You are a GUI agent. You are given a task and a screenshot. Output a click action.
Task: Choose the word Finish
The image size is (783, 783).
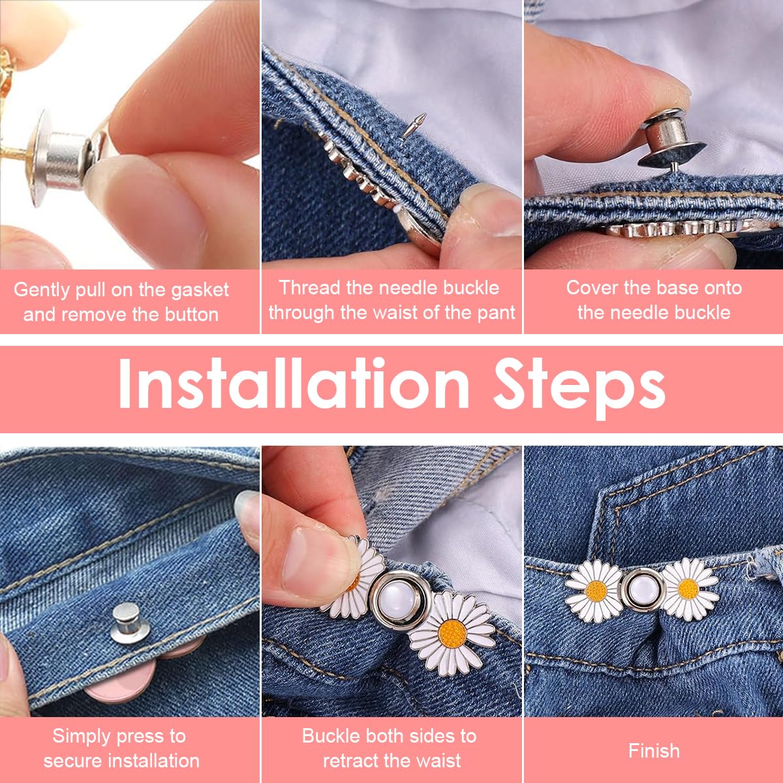tap(654, 750)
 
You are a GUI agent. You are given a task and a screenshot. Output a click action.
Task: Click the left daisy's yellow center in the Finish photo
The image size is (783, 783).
tap(596, 591)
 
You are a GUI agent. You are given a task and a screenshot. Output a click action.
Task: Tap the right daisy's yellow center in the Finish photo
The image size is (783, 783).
tap(688, 589)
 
